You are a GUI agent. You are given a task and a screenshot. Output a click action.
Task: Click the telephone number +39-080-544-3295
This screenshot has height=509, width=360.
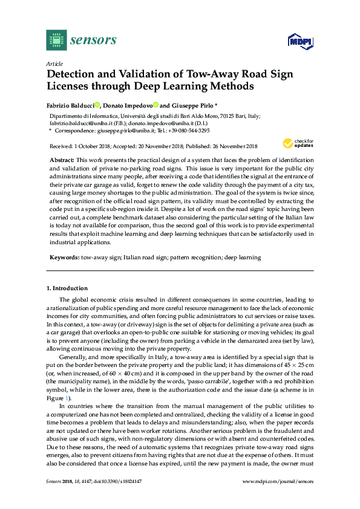click(190, 130)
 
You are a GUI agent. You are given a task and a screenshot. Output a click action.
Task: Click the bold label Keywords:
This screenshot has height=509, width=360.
click(64, 257)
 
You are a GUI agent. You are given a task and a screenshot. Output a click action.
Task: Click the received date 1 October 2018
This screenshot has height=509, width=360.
click(91, 146)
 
